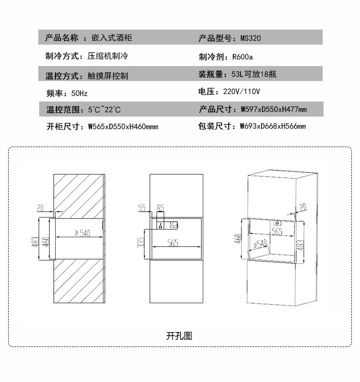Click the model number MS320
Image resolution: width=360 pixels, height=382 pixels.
click(251, 38)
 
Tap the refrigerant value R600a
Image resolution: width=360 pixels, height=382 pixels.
click(242, 57)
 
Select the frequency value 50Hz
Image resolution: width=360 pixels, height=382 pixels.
click(79, 93)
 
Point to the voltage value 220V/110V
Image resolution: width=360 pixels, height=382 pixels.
click(242, 92)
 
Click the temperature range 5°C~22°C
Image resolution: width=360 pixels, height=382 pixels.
click(104, 109)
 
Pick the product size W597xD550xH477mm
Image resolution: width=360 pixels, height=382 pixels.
click(274, 109)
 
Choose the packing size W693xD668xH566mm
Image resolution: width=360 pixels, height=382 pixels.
click(273, 126)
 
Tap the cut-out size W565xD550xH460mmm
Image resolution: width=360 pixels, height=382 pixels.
click(123, 127)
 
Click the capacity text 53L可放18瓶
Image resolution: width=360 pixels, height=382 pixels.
click(254, 74)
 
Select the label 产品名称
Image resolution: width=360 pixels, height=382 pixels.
click(62, 38)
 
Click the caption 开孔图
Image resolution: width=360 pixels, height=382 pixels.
click(179, 336)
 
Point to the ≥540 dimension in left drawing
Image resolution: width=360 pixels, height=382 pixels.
click(82, 233)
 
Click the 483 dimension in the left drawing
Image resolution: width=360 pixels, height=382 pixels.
click(35, 242)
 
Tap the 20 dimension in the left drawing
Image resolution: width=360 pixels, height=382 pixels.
click(40, 208)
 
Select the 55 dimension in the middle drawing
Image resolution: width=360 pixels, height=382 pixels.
click(142, 208)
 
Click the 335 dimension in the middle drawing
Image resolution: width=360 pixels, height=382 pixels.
click(140, 243)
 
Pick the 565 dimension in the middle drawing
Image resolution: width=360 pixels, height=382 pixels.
click(173, 243)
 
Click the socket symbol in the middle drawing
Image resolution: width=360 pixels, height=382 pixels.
click(160, 226)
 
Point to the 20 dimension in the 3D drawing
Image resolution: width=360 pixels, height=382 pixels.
click(303, 207)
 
